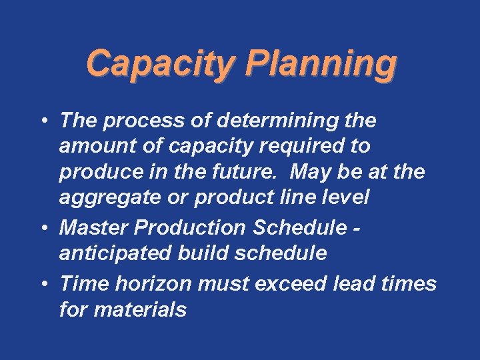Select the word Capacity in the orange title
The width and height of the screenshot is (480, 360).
click(161, 65)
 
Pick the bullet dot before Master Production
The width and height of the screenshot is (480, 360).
click(44, 229)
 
